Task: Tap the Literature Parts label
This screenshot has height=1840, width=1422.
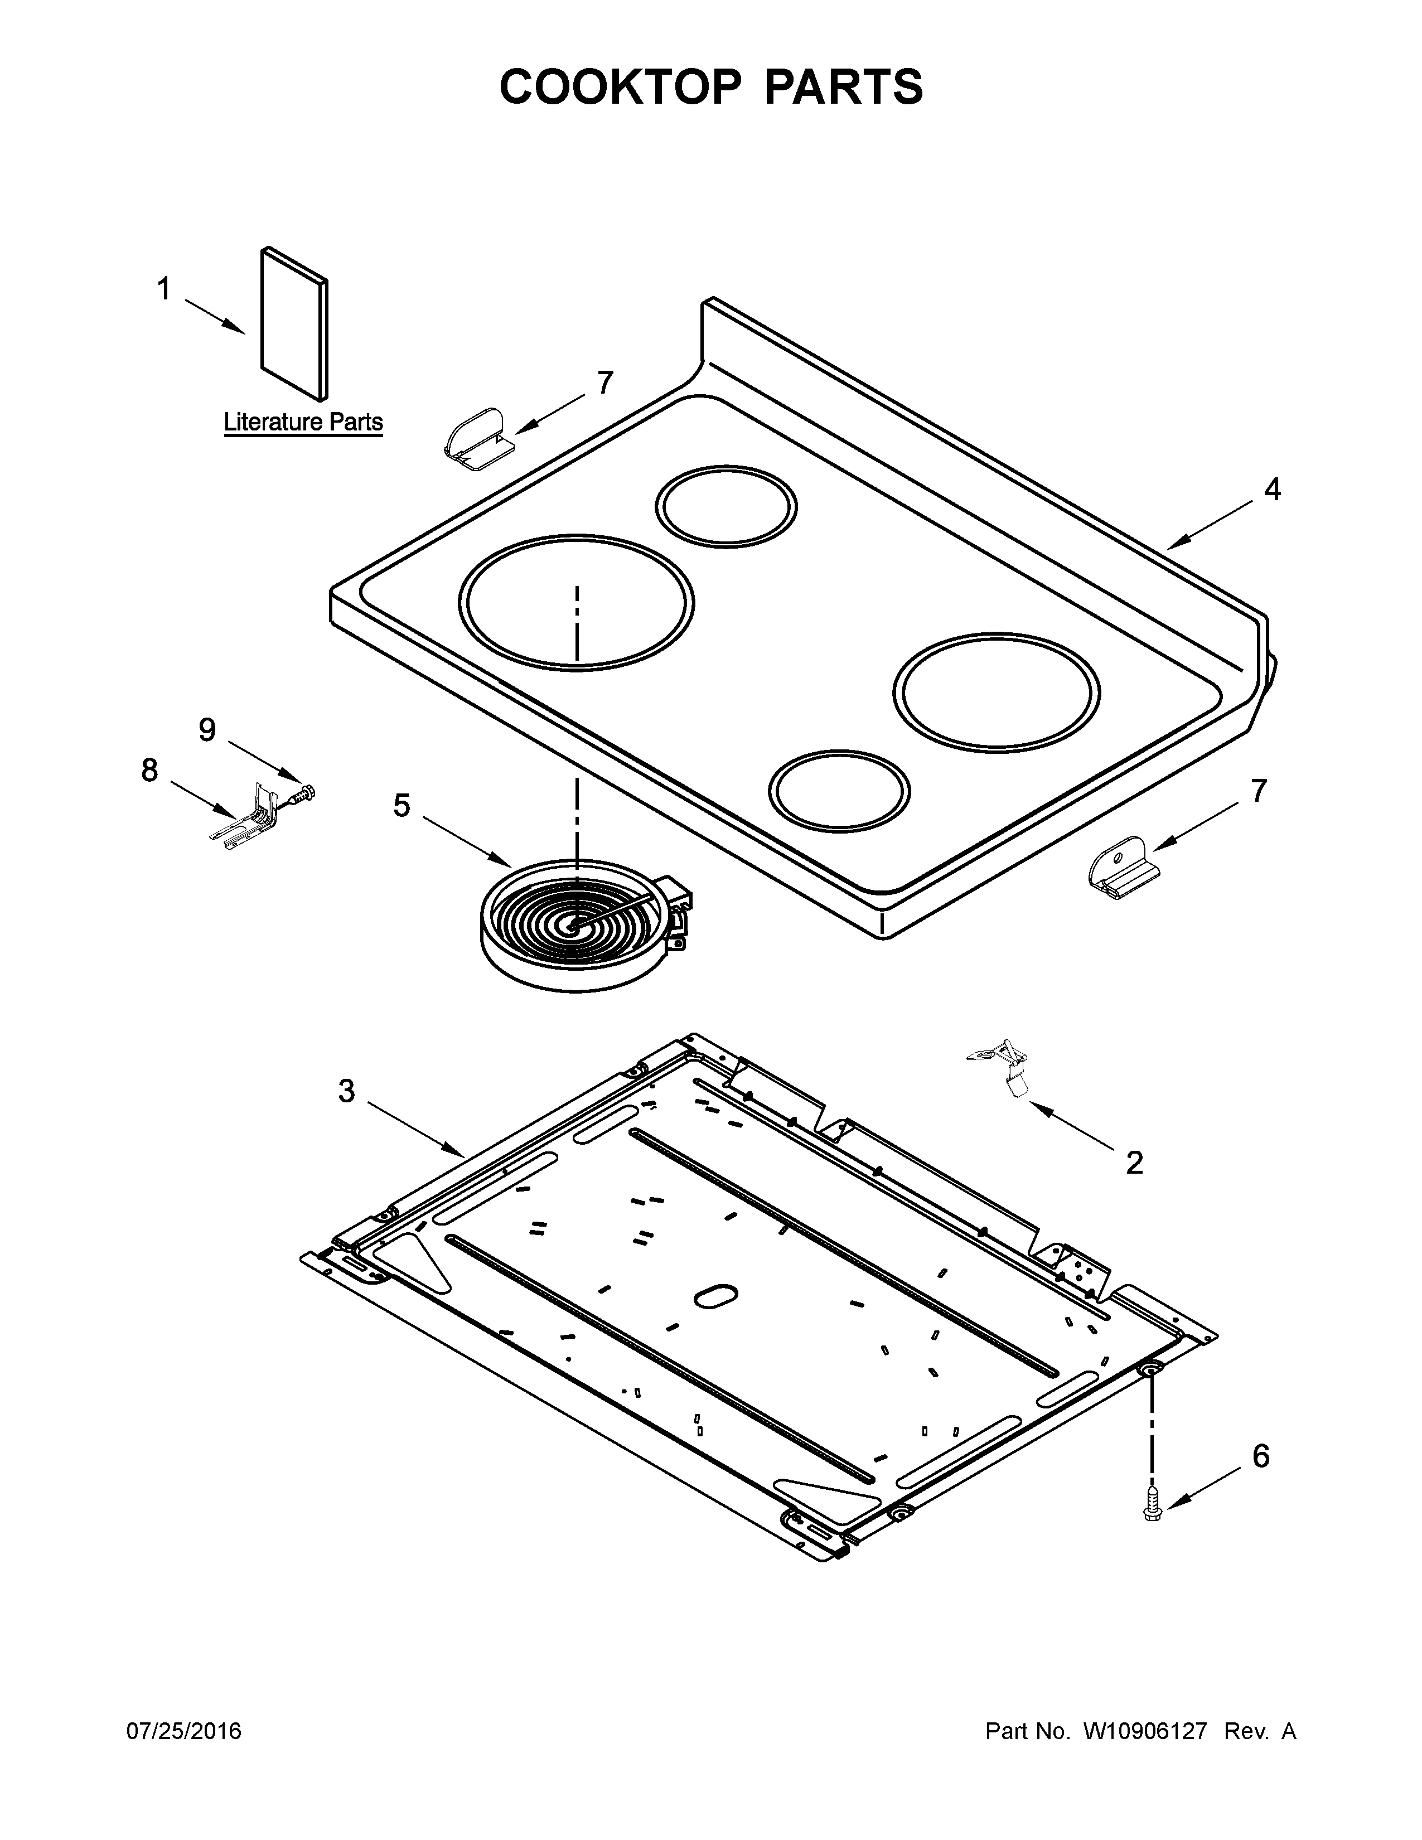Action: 303,422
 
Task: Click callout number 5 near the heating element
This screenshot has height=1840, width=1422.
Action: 402,806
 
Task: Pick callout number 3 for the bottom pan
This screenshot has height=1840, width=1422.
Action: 347,1091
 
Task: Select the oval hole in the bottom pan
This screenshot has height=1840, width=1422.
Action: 715,1296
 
